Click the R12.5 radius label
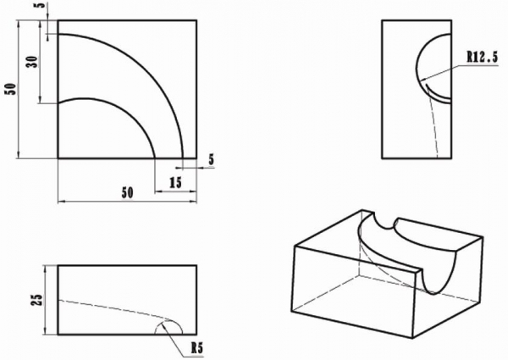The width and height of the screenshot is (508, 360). click(482, 58)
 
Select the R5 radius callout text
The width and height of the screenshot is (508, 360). click(196, 348)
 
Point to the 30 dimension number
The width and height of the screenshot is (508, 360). click(32, 62)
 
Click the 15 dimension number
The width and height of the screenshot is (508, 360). click(175, 183)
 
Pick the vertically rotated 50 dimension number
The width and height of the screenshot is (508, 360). click(10, 89)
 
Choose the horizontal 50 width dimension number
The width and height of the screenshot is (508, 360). click(127, 193)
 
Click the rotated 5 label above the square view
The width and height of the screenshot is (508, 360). click(42, 5)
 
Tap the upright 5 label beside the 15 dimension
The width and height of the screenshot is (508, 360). click(211, 160)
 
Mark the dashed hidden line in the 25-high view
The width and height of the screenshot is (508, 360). click(113, 307)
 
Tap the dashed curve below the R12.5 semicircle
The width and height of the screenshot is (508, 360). click(433, 126)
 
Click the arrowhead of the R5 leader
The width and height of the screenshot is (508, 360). click(163, 325)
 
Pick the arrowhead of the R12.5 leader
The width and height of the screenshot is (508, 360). click(422, 80)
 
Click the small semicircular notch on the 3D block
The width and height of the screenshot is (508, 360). click(384, 221)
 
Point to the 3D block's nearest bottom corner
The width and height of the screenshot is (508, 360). click(412, 338)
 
